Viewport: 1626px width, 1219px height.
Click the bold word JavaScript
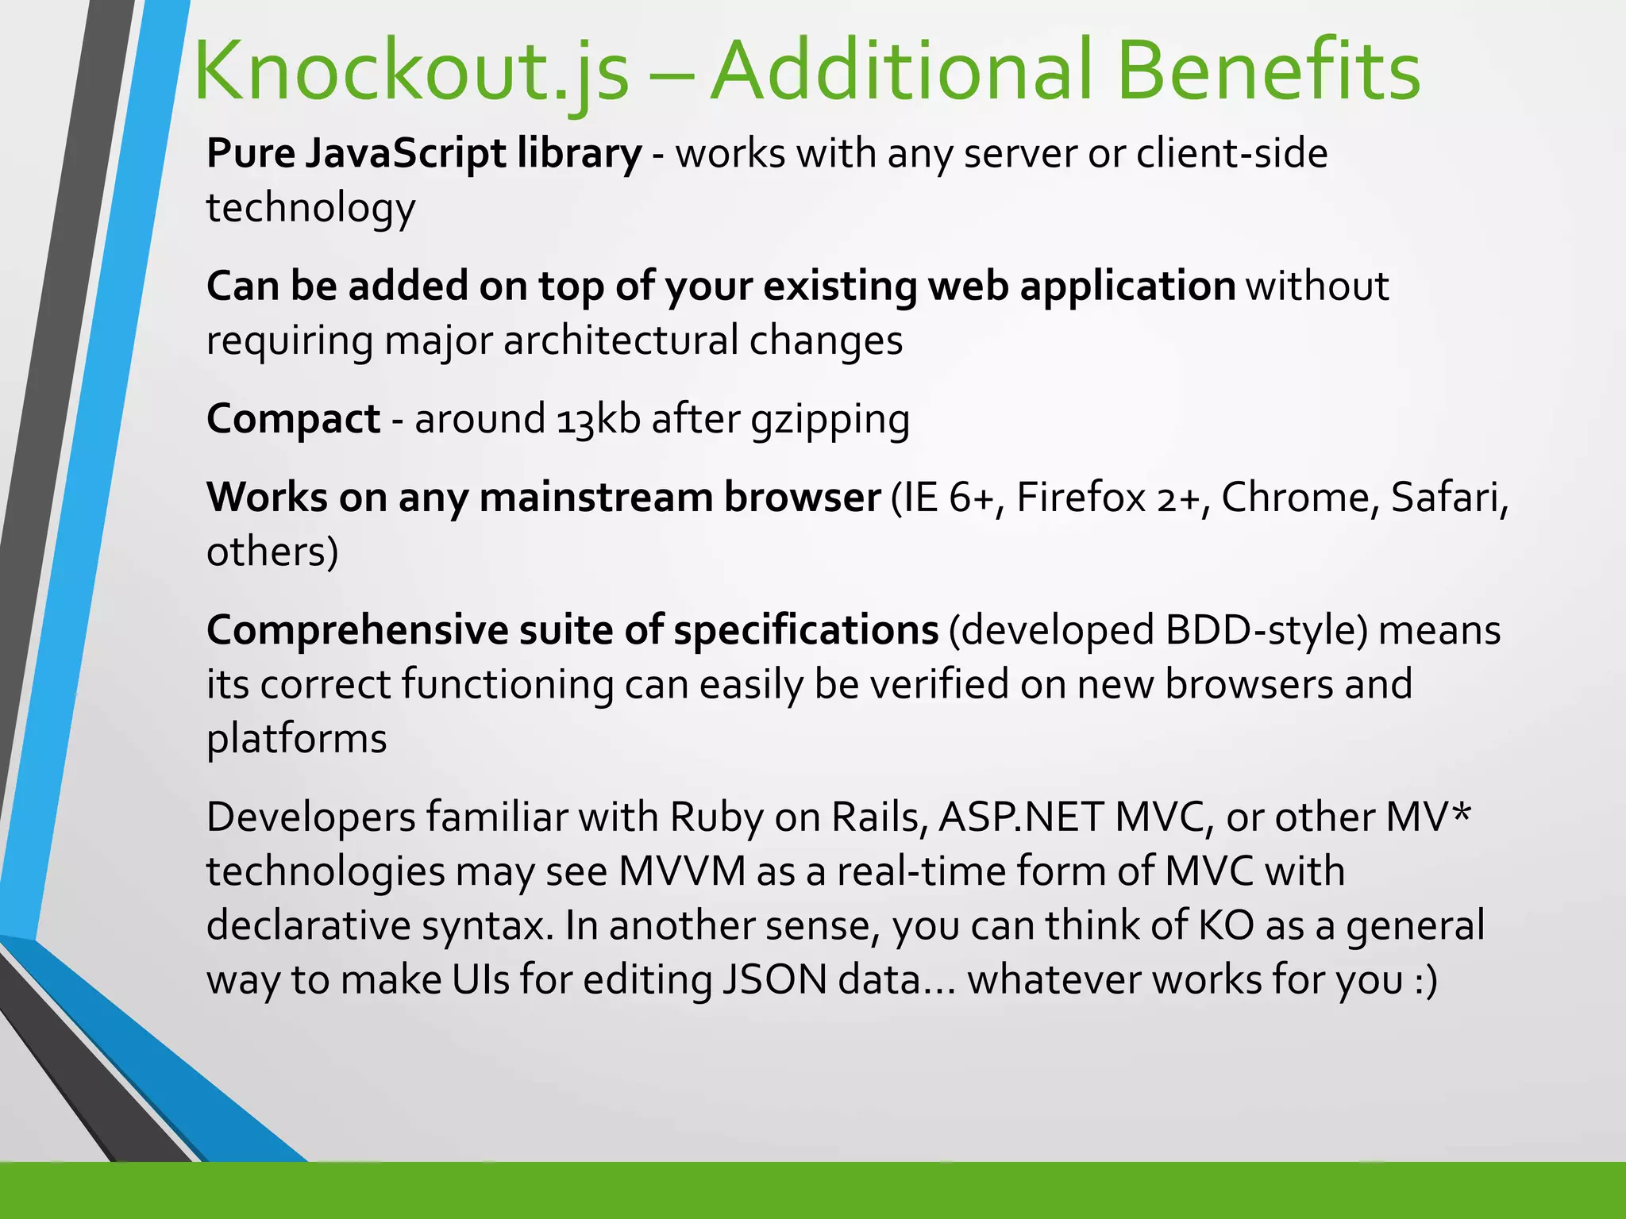tap(405, 154)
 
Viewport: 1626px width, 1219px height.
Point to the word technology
tap(310, 209)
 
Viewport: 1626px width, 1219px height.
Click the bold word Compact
tap(293, 419)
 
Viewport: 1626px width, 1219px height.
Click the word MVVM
tap(682, 871)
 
